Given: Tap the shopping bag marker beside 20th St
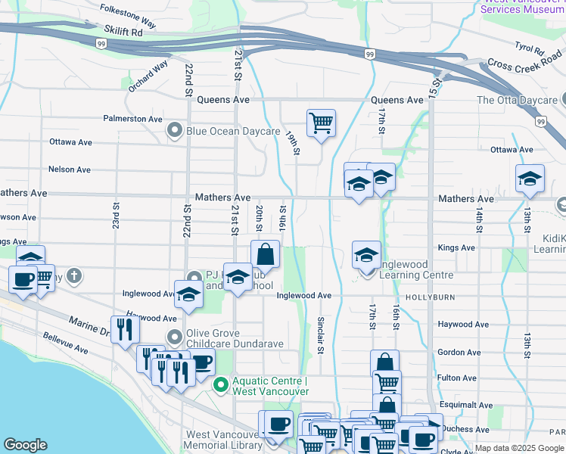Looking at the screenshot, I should pyautogui.click(x=265, y=254).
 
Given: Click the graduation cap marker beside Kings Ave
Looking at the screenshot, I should pyautogui.click(x=367, y=254).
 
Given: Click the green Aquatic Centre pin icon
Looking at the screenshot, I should pyautogui.click(x=220, y=385).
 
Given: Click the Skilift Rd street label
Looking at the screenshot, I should pyautogui.click(x=125, y=33).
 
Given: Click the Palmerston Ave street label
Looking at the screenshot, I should pyautogui.click(x=133, y=119).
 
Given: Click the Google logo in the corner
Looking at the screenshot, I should pyautogui.click(x=26, y=445).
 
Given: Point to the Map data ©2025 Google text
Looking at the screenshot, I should pyautogui.click(x=519, y=448).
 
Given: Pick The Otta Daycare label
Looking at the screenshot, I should pyautogui.click(x=516, y=100).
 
